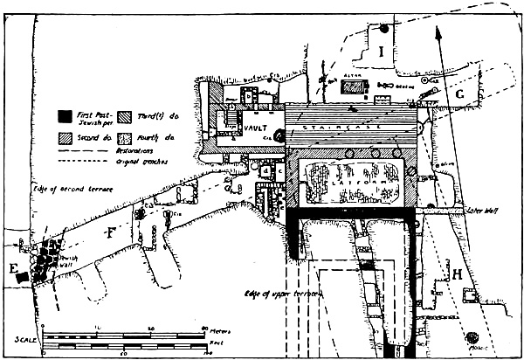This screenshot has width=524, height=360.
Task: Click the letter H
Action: pos(458,275)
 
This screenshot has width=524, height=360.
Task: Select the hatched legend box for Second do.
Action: pos(63,137)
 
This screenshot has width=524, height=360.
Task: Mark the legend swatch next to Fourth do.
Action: pos(124,137)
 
